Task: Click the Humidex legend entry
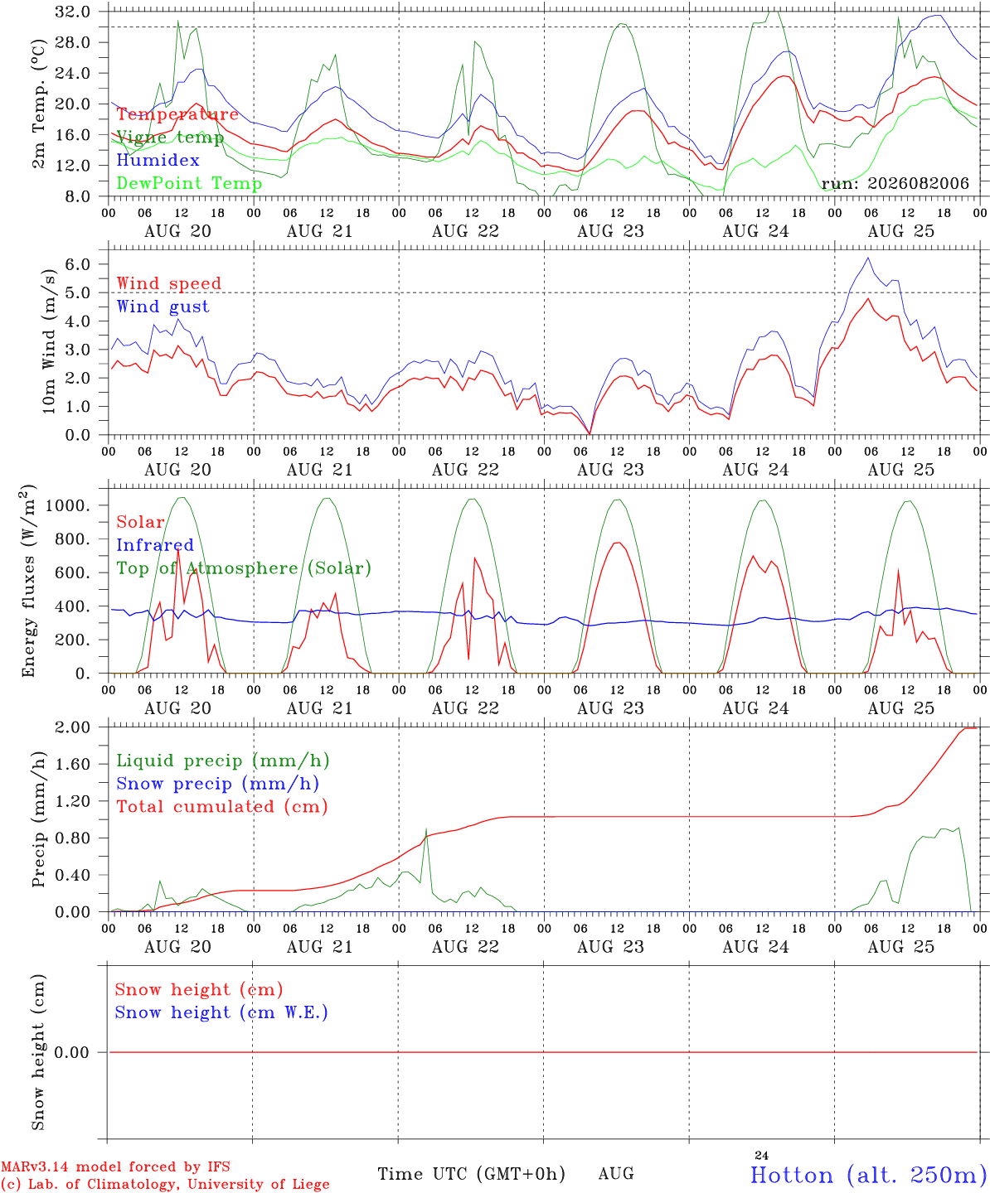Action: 158,160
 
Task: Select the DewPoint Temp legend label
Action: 189,183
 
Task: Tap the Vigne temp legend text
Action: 170,138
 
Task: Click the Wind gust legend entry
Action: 163,307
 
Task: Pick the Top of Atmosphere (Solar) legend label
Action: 244,568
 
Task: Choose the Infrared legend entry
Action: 155,545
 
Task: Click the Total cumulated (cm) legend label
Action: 222,807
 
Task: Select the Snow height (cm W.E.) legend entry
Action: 221,1012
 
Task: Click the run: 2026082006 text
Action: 895,183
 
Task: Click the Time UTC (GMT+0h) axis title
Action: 471,1174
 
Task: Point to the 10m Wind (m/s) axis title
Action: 49,341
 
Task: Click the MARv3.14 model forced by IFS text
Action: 115,1166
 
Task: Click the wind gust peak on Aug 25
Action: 868,258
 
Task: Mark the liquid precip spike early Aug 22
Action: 426,828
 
